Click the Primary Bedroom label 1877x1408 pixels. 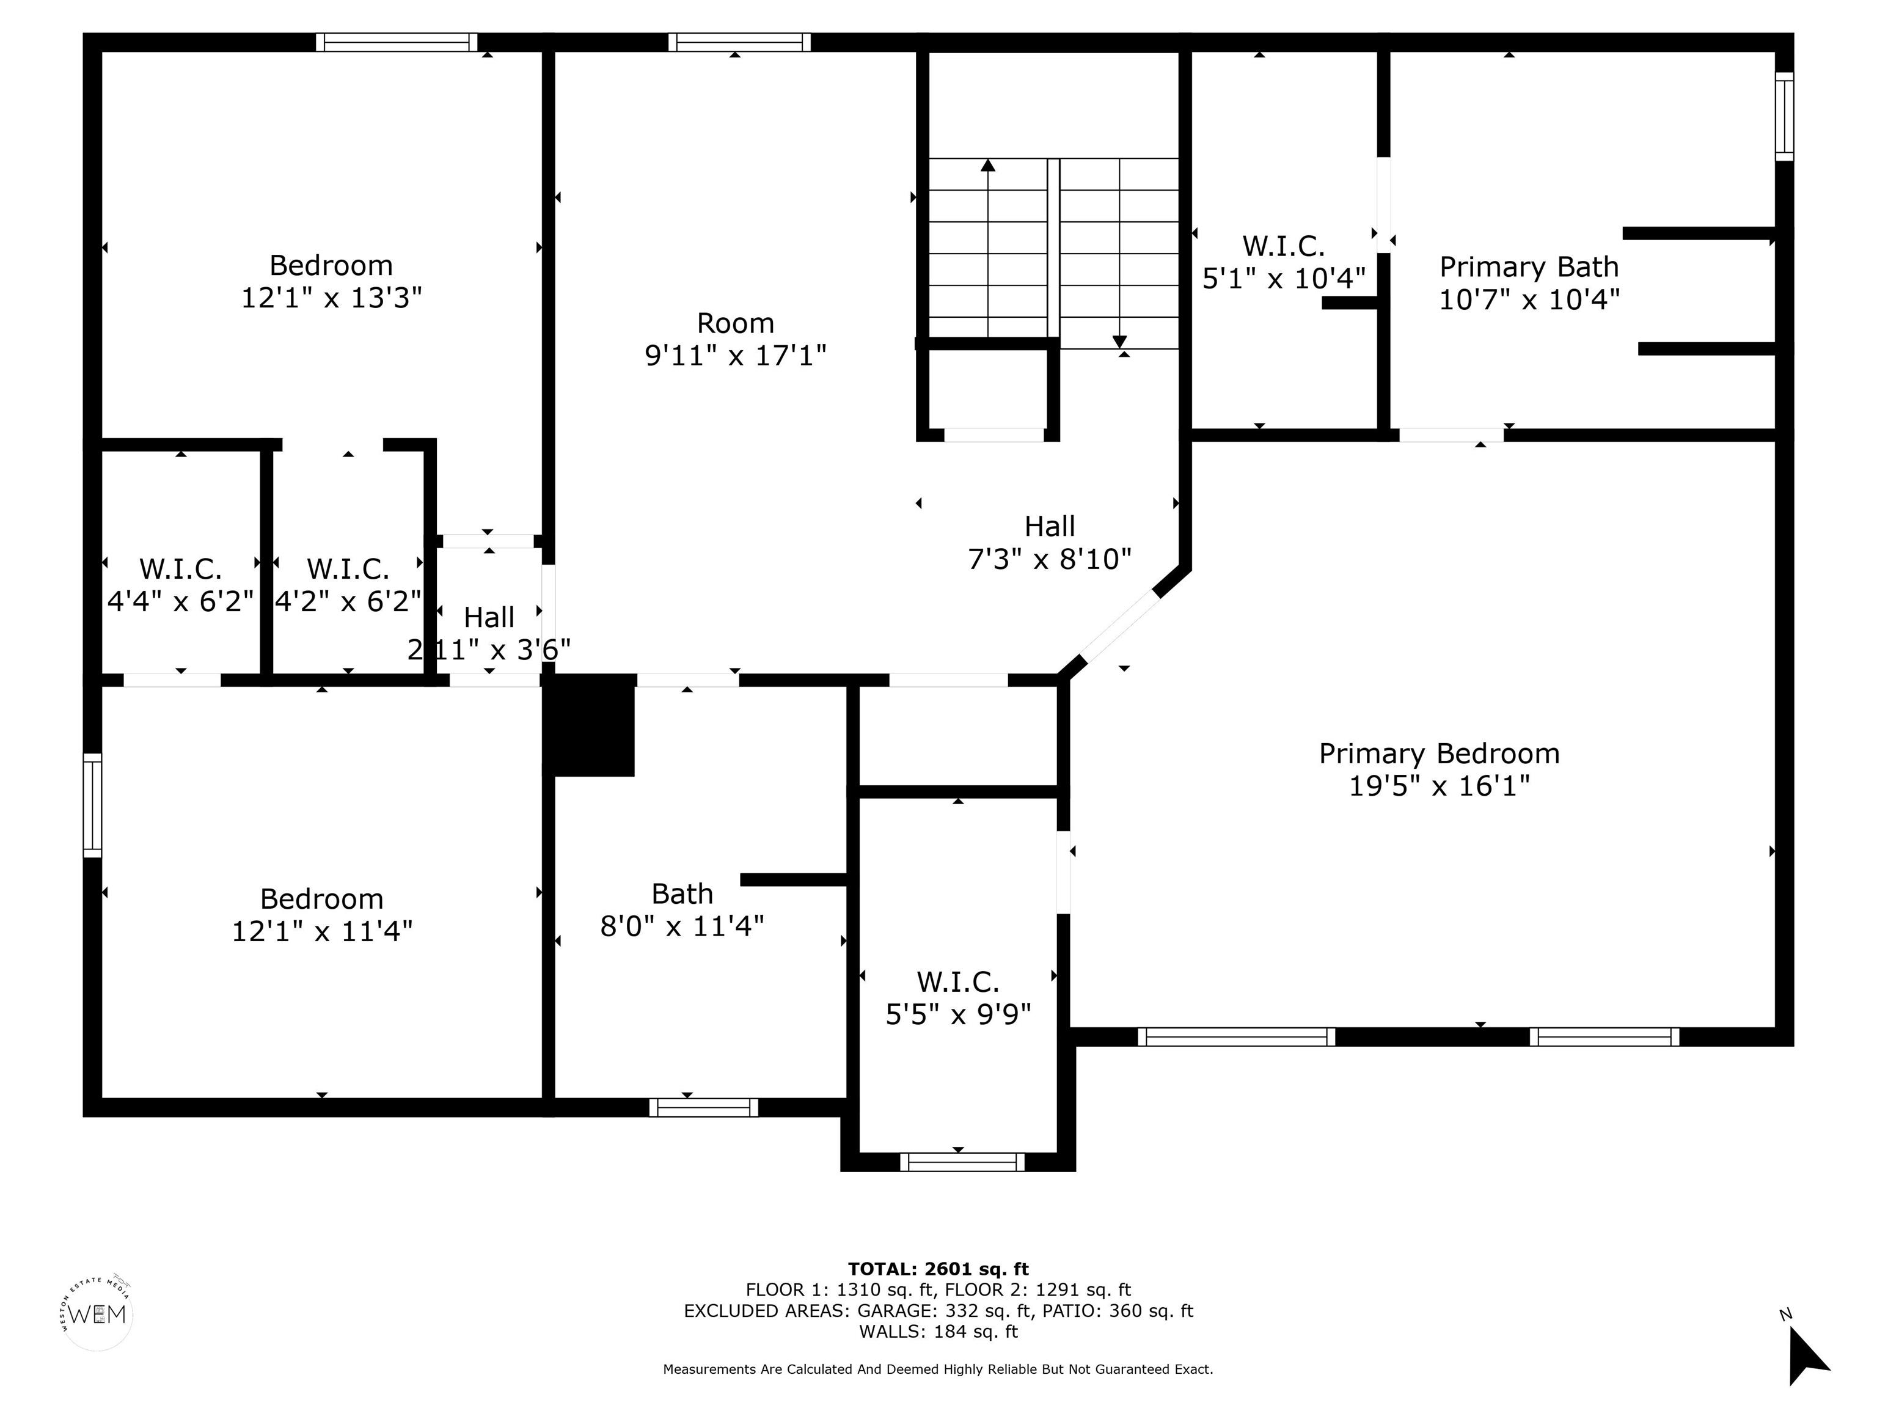1439,754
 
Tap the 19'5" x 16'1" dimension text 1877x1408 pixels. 1439,786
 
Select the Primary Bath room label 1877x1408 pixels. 1529,267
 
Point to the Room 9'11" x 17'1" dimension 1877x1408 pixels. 736,355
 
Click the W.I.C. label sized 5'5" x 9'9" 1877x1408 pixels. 958,982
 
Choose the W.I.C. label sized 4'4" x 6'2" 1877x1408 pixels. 181,568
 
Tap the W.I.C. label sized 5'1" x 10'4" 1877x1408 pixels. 1284,246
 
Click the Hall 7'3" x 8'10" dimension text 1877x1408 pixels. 1050,559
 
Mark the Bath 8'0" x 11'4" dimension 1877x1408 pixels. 682,926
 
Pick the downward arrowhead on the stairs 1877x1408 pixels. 1119,342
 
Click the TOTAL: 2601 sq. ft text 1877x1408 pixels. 938,1270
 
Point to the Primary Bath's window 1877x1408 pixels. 1785,116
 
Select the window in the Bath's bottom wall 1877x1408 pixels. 703,1107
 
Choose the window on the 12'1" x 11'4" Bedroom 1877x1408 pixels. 92,805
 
